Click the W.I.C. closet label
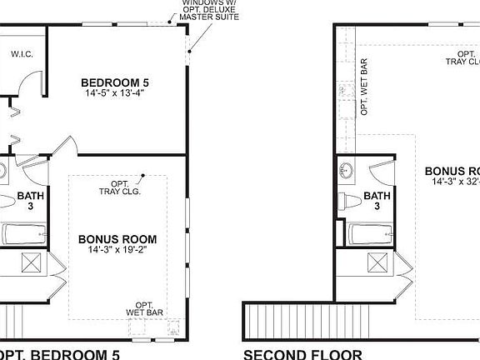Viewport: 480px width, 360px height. (x=21, y=54)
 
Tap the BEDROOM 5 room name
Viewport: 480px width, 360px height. (x=115, y=82)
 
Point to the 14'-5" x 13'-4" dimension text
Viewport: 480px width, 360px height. (x=115, y=94)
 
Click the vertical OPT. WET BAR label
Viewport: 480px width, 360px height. (x=364, y=87)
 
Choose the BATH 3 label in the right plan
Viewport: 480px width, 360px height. (x=377, y=201)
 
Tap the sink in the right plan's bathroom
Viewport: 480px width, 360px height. (x=347, y=172)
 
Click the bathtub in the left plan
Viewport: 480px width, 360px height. (x=26, y=235)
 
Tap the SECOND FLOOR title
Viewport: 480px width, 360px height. (x=302, y=354)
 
